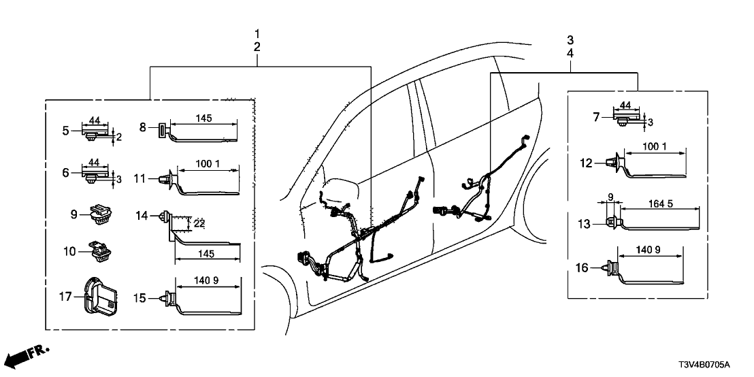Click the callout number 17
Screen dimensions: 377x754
pos(64,297)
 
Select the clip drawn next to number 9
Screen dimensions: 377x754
pos(99,214)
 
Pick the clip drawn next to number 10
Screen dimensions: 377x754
pos(99,251)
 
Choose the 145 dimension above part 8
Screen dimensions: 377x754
pos(203,118)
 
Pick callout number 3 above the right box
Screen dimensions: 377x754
pos(570,39)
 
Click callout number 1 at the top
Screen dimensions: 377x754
pos(257,33)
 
